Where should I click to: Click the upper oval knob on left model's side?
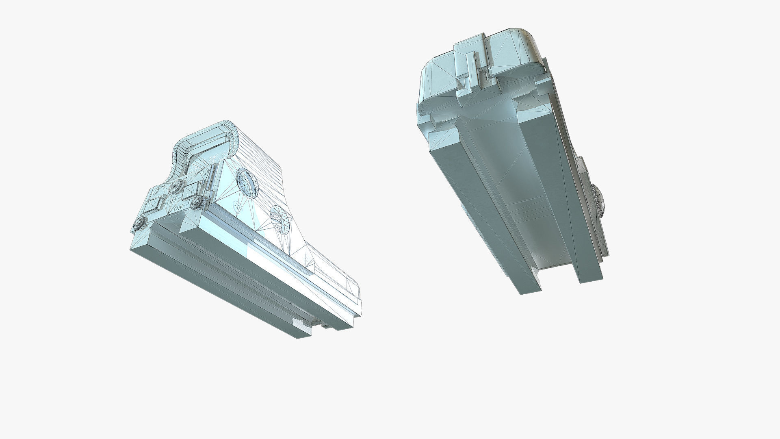click(248, 183)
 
